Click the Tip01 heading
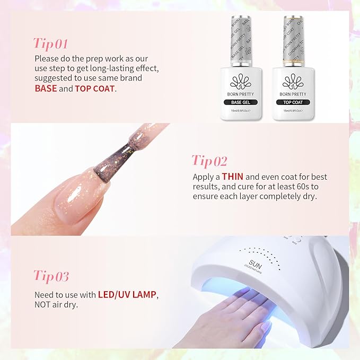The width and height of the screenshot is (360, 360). [x=51, y=43]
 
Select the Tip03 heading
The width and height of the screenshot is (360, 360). [x=51, y=276]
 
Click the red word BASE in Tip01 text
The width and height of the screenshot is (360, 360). [x=46, y=89]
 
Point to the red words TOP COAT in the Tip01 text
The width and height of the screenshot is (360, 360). [x=94, y=89]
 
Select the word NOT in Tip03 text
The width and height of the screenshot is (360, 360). [x=44, y=305]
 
